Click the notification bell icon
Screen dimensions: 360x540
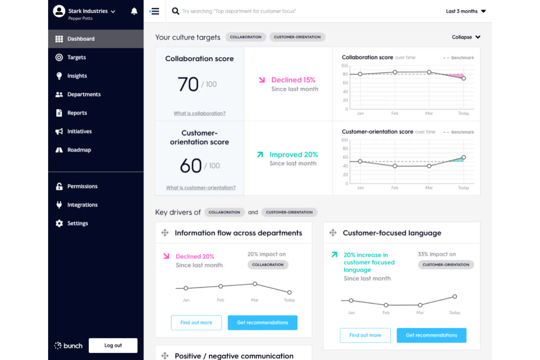point(134,11)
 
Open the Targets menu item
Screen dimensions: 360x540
point(76,57)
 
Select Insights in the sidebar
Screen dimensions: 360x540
point(77,76)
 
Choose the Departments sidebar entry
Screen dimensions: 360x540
point(84,94)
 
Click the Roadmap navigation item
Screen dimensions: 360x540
point(79,150)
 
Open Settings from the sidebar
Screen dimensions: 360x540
point(77,223)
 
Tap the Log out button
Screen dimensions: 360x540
point(113,345)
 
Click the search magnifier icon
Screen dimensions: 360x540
point(175,11)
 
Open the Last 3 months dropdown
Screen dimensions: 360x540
point(466,11)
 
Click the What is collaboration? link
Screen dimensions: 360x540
point(200,113)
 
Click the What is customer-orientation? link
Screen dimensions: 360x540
point(201,188)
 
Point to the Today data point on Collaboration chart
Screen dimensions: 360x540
point(464,78)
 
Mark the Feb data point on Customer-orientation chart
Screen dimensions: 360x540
point(395,166)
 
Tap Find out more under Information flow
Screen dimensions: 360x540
point(196,323)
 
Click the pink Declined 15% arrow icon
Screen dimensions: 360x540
point(262,80)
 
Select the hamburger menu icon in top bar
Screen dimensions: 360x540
point(155,11)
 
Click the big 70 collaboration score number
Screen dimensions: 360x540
point(188,84)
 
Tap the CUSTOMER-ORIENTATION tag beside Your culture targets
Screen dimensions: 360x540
point(297,37)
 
